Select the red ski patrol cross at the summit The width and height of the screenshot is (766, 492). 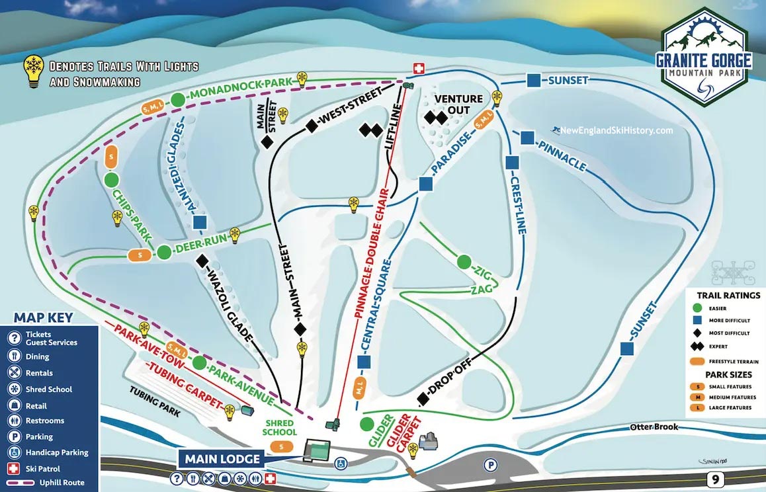(x=418, y=69)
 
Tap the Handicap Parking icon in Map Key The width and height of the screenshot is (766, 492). (x=14, y=453)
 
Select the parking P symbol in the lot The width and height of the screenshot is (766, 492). (x=490, y=464)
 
